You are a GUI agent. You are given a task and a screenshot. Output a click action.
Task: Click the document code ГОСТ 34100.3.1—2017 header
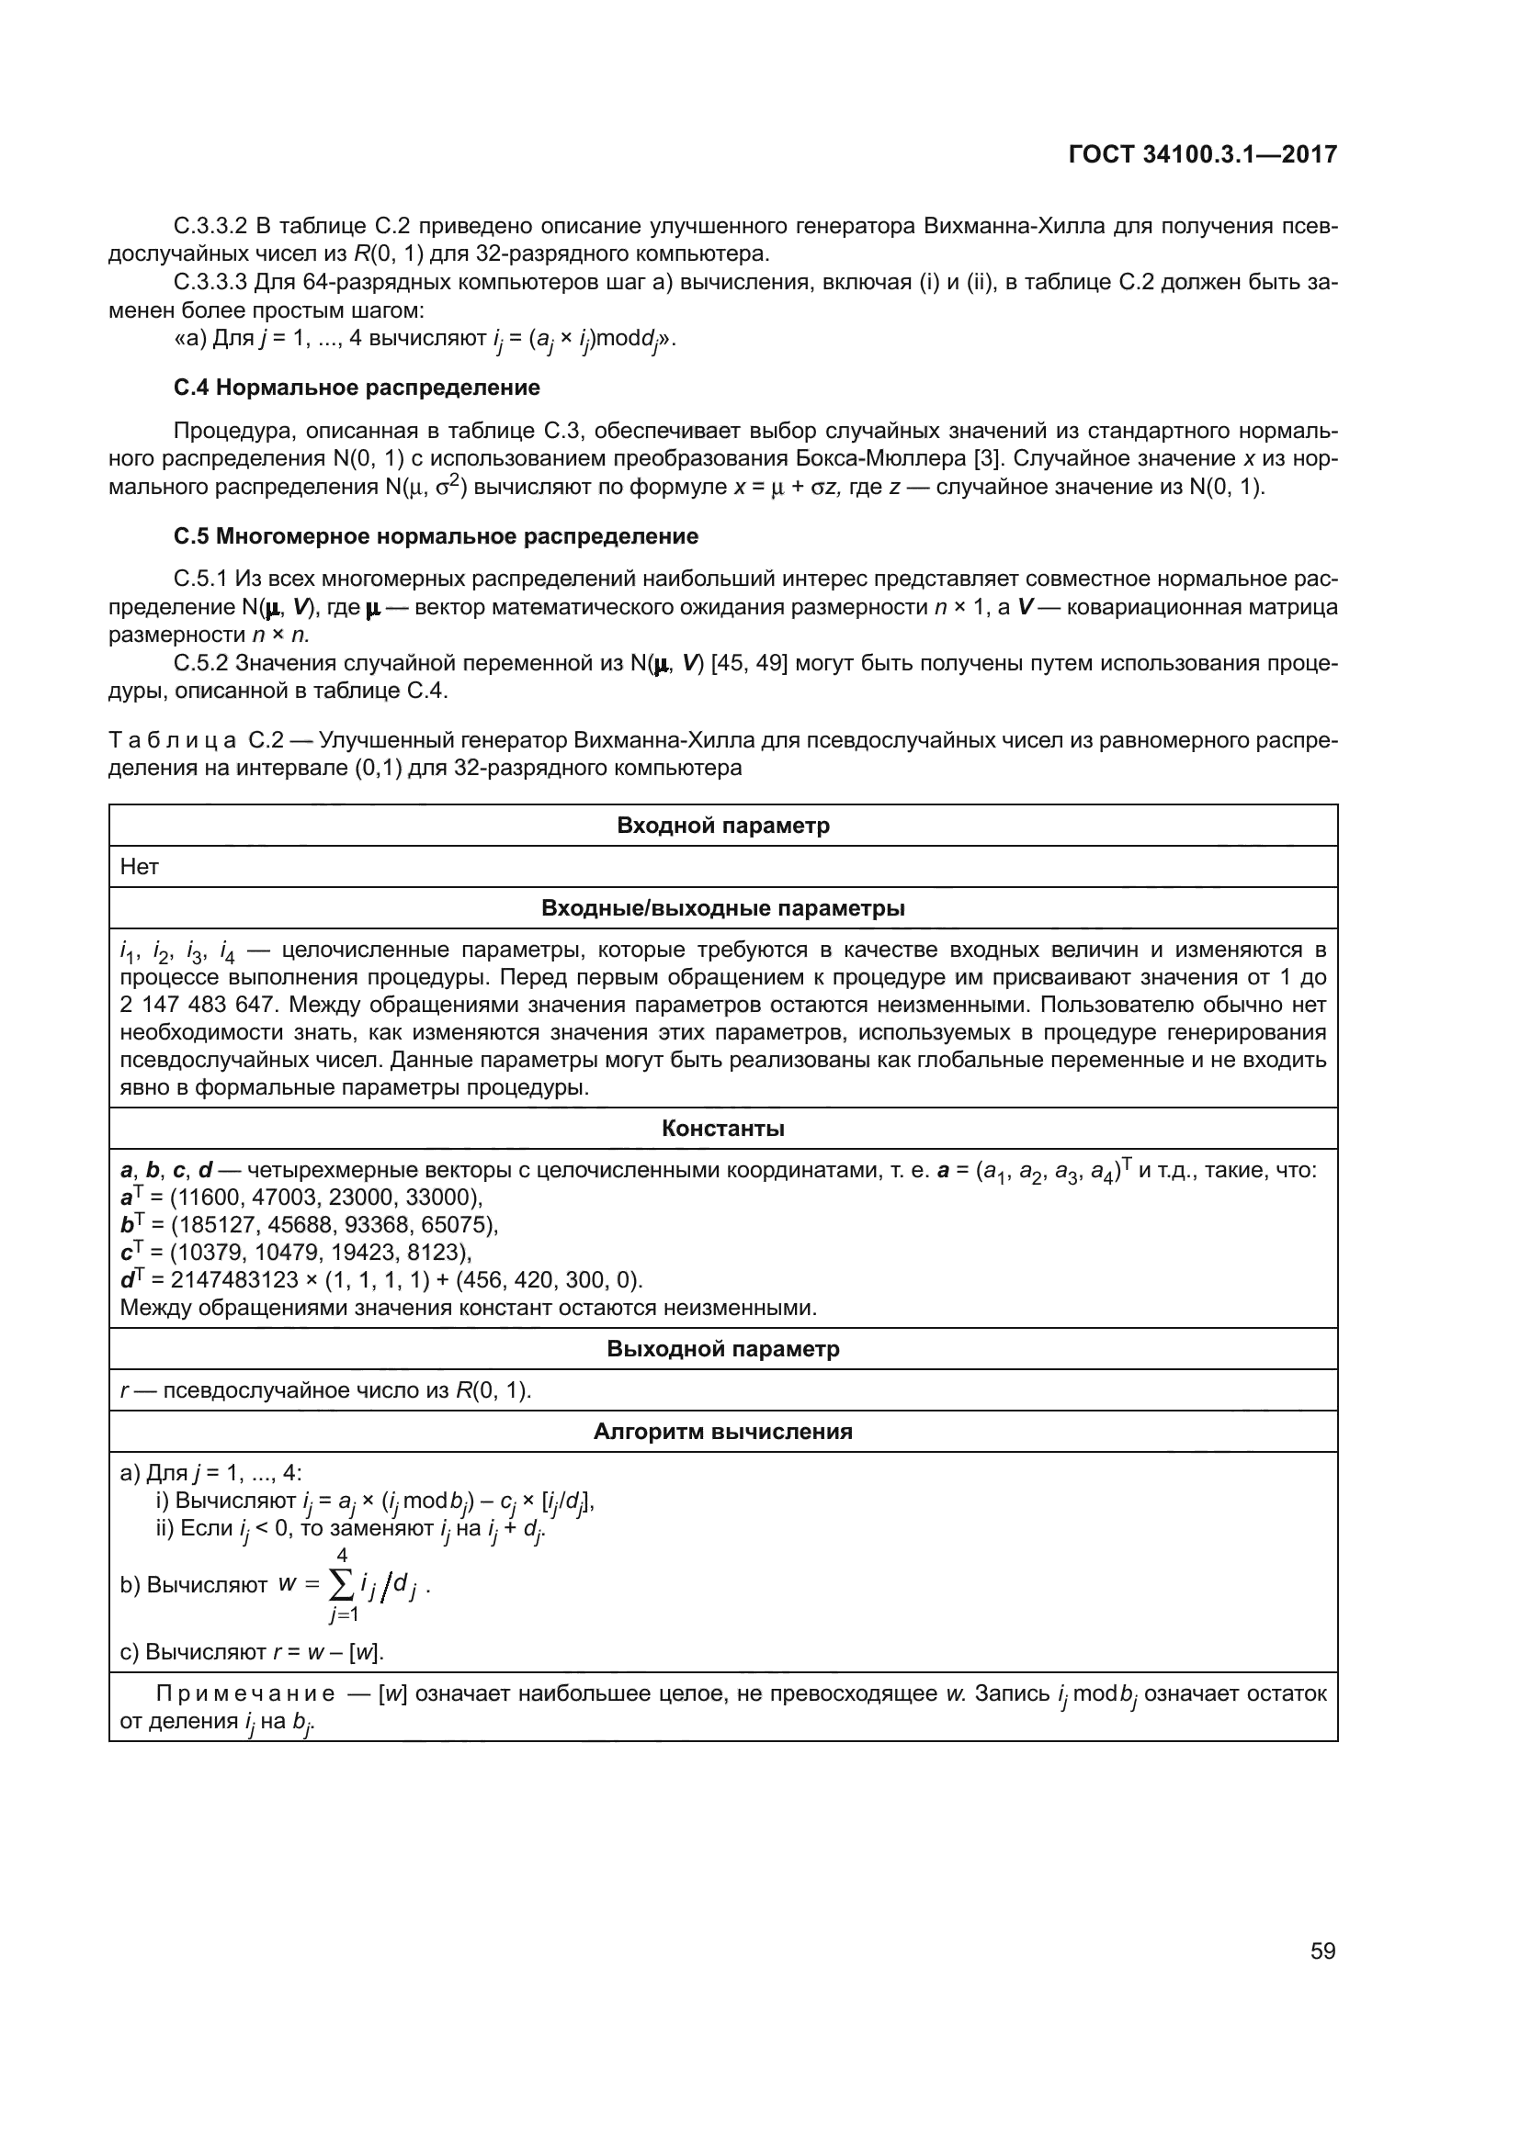click(x=1202, y=154)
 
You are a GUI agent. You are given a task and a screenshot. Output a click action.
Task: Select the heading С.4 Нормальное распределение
click(x=357, y=388)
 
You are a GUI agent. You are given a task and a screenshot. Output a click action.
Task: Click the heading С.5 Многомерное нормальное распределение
click(x=437, y=536)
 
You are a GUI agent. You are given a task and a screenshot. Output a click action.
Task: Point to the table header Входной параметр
click(x=722, y=826)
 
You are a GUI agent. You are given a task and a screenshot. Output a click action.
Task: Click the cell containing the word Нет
click(x=140, y=867)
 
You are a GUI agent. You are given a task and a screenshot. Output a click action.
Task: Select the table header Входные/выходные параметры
click(x=722, y=908)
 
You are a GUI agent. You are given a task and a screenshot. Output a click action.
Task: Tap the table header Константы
click(x=722, y=1129)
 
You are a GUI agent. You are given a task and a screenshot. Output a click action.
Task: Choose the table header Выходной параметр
click(x=722, y=1349)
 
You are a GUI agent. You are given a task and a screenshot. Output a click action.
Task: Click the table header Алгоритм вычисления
click(x=722, y=1432)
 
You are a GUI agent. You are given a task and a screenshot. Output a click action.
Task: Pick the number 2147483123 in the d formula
click(x=234, y=1280)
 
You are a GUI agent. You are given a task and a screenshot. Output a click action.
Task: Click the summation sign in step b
click(x=343, y=1584)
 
